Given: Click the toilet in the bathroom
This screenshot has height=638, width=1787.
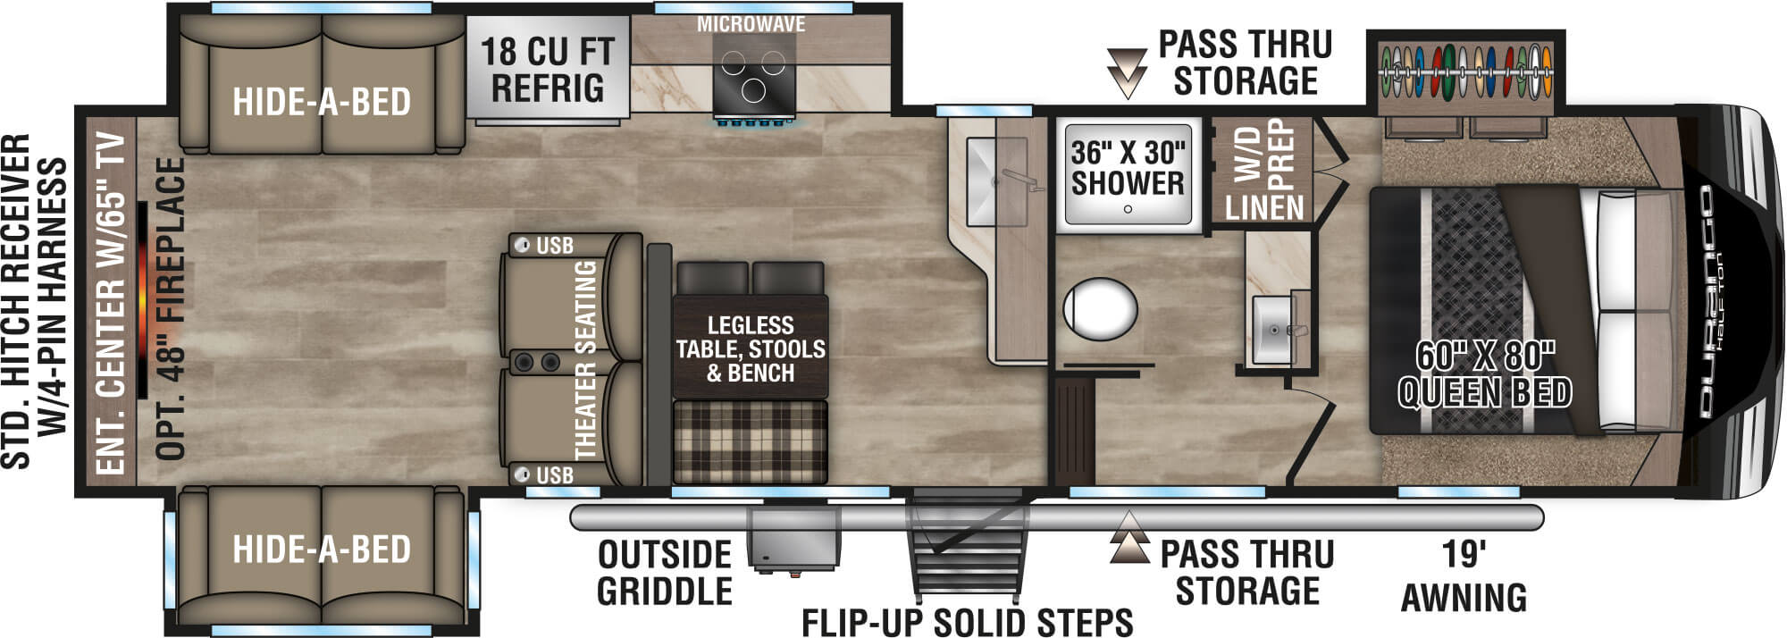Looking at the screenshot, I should point(1100,309).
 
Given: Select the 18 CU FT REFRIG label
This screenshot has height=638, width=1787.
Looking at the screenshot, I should point(547,70).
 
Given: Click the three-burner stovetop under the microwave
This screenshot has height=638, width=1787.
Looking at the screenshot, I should point(753,77).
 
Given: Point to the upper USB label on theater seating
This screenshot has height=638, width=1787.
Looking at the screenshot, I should point(554,246).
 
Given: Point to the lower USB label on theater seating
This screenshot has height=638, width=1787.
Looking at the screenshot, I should point(554,475).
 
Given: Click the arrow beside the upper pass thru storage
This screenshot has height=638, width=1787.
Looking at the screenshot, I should point(1126,71).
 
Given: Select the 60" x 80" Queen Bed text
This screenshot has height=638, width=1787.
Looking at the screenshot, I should point(1484,374).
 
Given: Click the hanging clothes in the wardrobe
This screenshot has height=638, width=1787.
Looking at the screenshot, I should point(1465,71).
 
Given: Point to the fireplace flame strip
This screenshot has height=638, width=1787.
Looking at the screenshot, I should point(143,299).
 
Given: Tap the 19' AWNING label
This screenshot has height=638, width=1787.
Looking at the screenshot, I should point(1463,576).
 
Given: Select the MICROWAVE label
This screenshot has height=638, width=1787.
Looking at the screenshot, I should point(751,25).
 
